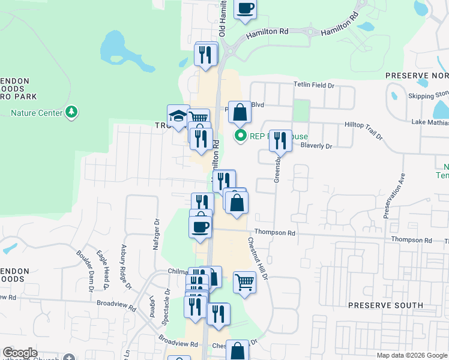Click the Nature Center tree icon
point(71,112)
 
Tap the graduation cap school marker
point(178,115)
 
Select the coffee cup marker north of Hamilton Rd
point(245,9)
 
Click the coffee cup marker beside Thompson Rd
point(200,227)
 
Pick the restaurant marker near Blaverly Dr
point(280,141)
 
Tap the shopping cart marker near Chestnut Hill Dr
point(244,281)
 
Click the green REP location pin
point(241,136)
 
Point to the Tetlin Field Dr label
point(313,86)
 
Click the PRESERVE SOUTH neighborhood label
point(386,305)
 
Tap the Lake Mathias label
point(430,122)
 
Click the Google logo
point(20,353)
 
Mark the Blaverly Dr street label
point(316,146)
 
